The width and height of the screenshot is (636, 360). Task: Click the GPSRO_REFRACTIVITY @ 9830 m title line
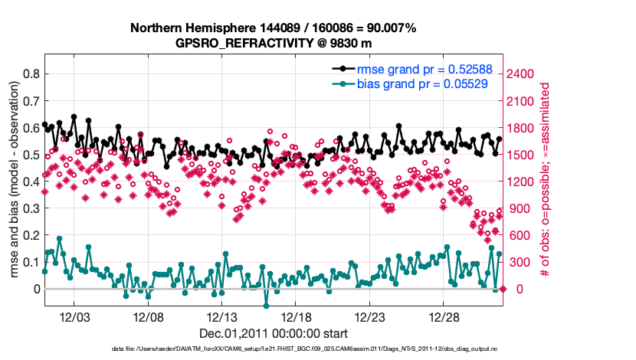[x=273, y=43]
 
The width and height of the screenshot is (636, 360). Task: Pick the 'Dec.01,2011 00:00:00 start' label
[x=273, y=334]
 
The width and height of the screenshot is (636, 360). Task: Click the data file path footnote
[x=273, y=349]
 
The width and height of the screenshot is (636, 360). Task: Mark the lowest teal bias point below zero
[x=267, y=306]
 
